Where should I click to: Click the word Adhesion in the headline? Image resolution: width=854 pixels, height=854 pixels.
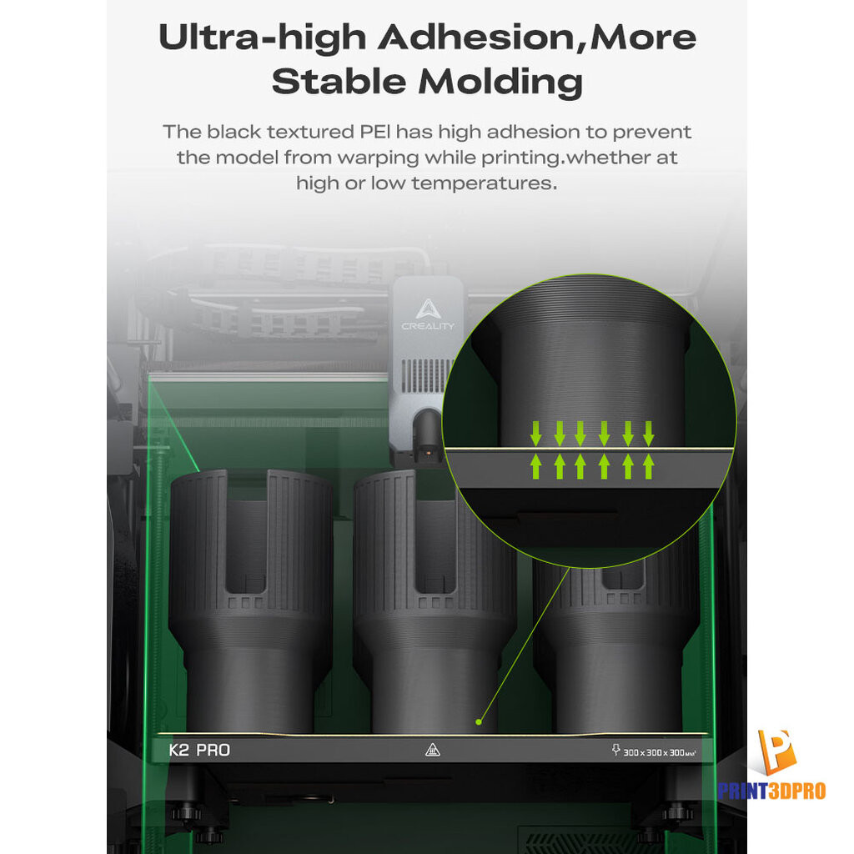(476, 38)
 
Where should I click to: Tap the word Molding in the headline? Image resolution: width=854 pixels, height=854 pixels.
(500, 83)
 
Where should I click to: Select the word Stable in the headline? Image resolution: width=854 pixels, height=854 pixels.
(339, 82)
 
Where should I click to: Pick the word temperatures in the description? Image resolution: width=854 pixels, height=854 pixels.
(485, 183)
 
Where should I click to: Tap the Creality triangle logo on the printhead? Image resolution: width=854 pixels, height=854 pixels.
(428, 309)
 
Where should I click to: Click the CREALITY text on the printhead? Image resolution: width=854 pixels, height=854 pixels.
(428, 326)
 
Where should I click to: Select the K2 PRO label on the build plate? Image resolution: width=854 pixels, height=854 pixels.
(199, 750)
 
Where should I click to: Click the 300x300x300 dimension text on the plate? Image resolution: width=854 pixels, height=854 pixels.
(659, 752)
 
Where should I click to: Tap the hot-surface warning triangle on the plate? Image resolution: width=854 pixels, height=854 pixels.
(433, 750)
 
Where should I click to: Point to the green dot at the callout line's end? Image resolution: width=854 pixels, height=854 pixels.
(478, 722)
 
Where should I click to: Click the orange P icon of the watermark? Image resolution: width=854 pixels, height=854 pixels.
(776, 752)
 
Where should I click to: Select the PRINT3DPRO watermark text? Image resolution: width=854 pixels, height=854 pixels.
(771, 791)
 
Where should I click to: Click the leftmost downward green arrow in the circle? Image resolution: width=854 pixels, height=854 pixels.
(536, 433)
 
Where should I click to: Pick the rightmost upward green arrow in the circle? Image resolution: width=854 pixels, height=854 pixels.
(648, 467)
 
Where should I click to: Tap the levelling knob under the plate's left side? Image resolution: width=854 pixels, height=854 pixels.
(186, 813)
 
